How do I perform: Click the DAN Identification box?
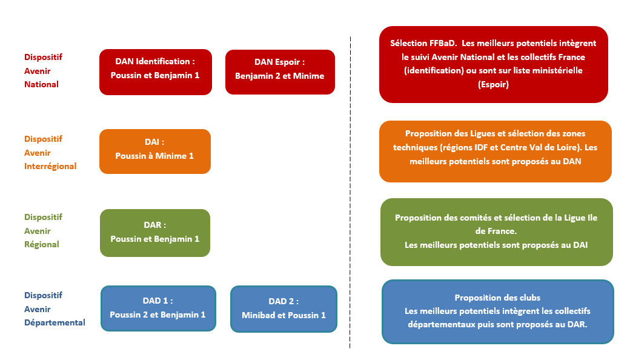[x=156, y=72]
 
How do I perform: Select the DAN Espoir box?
[x=280, y=72]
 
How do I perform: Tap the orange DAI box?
[x=155, y=152]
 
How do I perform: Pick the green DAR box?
[x=155, y=233]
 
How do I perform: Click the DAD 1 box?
[x=158, y=308]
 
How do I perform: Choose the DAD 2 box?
[x=283, y=309]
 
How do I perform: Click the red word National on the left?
[x=41, y=84]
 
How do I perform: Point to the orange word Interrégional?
[x=50, y=166]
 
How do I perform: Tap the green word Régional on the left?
[x=41, y=244]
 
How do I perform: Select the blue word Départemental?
[x=55, y=322]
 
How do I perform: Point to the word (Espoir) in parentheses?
[x=493, y=84]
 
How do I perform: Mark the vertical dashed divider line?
[x=350, y=193]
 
